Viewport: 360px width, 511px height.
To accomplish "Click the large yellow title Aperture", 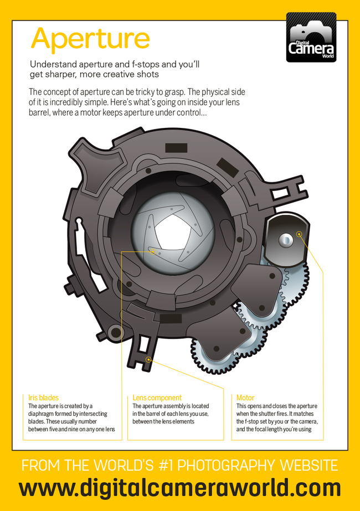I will [x=90, y=38].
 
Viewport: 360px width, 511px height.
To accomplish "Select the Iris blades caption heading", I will [x=43, y=398].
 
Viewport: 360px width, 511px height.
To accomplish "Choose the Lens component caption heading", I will [x=157, y=398].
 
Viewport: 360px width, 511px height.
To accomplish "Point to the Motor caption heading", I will [x=245, y=398].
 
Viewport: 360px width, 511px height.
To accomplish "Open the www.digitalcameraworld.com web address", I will [x=179, y=488].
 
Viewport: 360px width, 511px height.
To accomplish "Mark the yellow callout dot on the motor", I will [x=300, y=234].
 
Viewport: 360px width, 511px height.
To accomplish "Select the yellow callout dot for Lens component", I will [x=148, y=360].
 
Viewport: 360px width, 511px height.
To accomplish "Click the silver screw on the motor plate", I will [x=285, y=240].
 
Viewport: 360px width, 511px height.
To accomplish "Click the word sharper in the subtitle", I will [x=61, y=74].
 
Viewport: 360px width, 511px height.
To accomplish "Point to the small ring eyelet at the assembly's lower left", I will [x=115, y=332].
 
